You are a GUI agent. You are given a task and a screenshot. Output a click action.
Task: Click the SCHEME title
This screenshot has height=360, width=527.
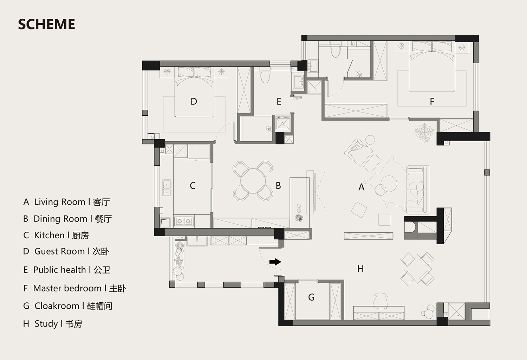[x=47, y=24]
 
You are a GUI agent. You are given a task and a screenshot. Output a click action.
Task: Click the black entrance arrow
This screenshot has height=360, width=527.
[x=275, y=262]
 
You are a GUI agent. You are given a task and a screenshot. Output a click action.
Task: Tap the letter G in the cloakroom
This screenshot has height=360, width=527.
[x=311, y=297]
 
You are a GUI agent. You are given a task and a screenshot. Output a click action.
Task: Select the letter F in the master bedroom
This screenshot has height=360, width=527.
[x=432, y=102]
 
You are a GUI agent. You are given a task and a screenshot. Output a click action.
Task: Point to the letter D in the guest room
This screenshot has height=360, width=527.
[x=194, y=102]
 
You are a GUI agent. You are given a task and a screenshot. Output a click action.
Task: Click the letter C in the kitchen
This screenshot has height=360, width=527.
[x=193, y=186]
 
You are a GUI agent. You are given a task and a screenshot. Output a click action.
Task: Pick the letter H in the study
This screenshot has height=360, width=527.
[x=360, y=269]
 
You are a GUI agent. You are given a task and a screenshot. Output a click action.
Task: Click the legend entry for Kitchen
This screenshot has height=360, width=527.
[x=56, y=235]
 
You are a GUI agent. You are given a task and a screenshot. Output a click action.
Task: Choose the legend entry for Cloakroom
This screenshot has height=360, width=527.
[x=68, y=306]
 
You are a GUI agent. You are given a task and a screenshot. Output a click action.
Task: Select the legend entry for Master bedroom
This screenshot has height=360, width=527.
[x=74, y=288]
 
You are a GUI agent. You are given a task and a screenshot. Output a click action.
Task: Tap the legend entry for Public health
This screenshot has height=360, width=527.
[x=67, y=270]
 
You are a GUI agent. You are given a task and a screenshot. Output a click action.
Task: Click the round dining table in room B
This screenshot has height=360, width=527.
[x=253, y=181]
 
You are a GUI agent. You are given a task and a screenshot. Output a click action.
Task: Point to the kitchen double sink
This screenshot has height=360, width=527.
[x=167, y=188]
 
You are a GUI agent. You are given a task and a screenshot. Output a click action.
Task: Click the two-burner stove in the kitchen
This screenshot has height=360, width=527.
[x=184, y=221]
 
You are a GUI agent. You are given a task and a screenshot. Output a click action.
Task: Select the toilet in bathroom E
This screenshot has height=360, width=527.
[x=265, y=75]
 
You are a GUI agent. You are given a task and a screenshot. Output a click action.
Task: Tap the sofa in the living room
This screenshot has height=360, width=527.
[x=418, y=189]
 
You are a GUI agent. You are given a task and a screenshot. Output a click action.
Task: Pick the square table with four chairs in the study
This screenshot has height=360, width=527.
[x=417, y=269]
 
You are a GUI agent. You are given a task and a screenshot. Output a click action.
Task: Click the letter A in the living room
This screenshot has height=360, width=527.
[x=362, y=187]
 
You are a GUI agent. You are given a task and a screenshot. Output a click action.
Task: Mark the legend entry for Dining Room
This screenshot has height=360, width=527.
[x=67, y=219]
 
